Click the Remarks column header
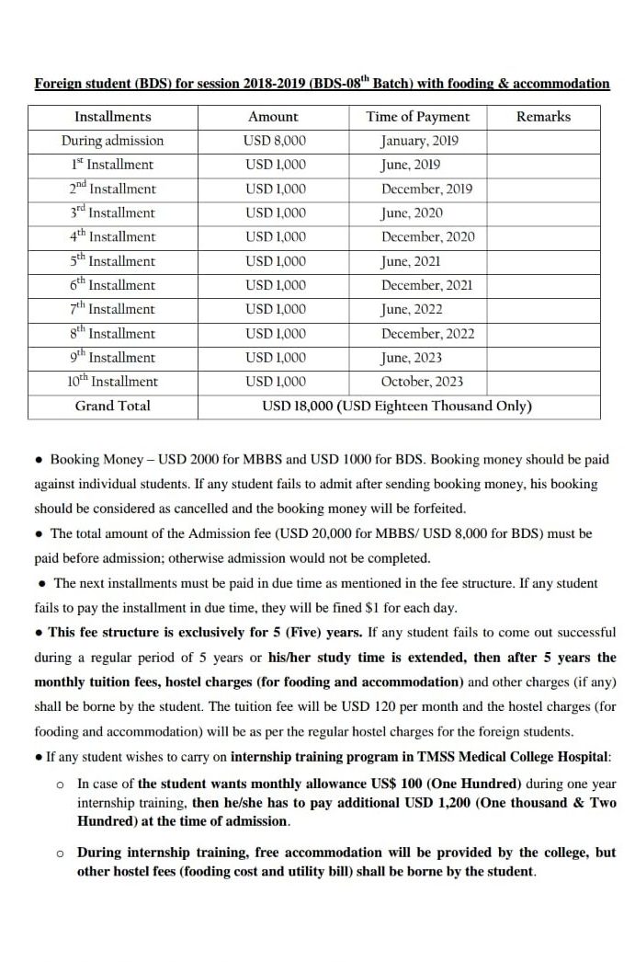click(543, 117)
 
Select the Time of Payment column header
click(417, 117)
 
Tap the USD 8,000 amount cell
click(276, 141)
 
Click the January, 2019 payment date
click(420, 141)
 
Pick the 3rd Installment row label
click(113, 213)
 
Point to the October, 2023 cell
click(422, 382)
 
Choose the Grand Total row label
click(113, 406)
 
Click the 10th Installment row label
click(113, 382)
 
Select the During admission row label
click(113, 141)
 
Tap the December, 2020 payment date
click(427, 237)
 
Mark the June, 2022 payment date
click(411, 309)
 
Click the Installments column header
click(113, 117)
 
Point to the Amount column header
click(273, 117)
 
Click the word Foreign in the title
click(60, 84)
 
